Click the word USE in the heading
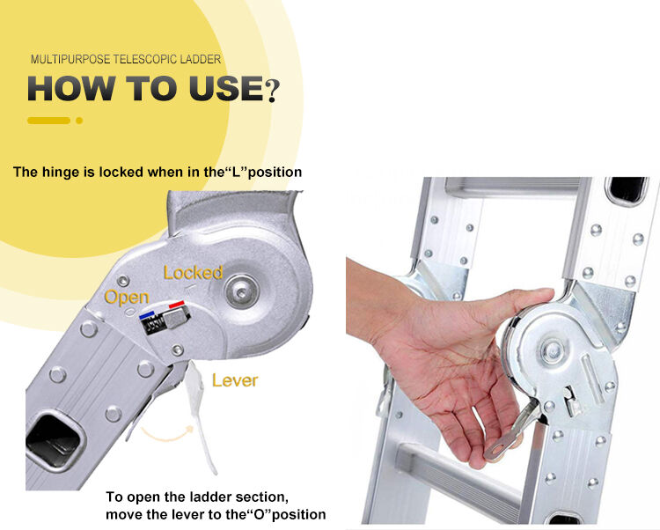tap(226, 88)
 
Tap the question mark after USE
tap(272, 90)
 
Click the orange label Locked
tap(193, 273)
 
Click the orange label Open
tap(127, 298)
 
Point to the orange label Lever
tap(235, 380)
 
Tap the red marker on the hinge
tap(176, 304)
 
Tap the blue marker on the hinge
tap(146, 315)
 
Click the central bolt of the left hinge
tap(241, 291)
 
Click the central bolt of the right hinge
tap(552, 350)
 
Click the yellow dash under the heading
tap(48, 121)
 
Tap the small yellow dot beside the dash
tap(79, 121)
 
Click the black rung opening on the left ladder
tap(54, 441)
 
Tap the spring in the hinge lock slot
tap(153, 325)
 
